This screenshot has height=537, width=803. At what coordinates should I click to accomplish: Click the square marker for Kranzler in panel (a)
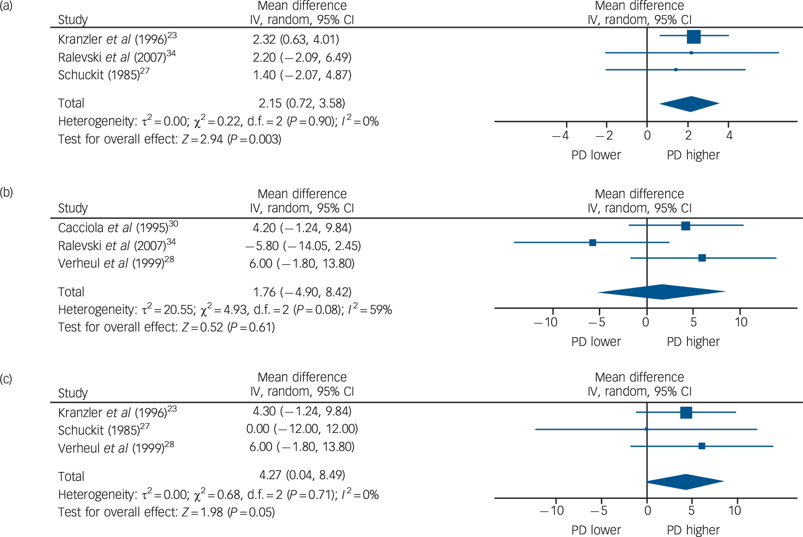tap(693, 37)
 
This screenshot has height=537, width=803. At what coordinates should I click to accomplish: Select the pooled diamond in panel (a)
tap(690, 104)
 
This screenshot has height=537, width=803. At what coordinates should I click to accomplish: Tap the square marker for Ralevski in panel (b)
tap(592, 243)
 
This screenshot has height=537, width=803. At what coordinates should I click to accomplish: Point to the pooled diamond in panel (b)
tap(662, 292)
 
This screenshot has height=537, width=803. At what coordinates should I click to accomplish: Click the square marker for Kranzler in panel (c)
tap(686, 412)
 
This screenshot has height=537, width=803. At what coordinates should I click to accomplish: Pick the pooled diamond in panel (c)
tap(686, 482)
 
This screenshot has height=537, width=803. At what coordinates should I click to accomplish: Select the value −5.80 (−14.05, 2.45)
tap(303, 246)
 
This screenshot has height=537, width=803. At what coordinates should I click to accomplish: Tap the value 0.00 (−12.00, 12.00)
tap(302, 429)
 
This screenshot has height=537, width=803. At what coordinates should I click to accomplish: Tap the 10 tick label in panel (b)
tap(741, 322)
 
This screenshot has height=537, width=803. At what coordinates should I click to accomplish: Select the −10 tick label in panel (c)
tap(552, 510)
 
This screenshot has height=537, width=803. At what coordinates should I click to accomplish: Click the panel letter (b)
tap(6, 192)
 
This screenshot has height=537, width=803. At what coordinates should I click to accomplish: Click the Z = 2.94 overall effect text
tap(202, 139)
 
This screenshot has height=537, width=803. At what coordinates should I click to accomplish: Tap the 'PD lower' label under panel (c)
tap(596, 530)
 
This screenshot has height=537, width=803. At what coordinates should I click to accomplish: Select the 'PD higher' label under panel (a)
tap(693, 155)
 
